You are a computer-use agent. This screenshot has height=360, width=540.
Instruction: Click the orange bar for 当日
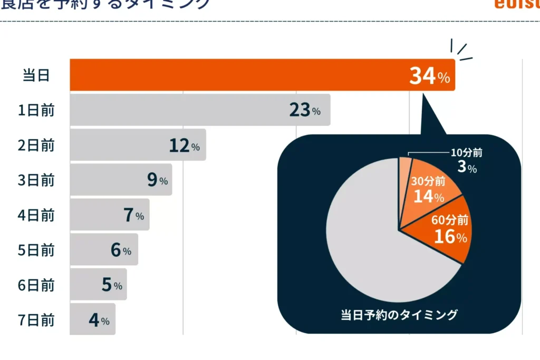(237, 75)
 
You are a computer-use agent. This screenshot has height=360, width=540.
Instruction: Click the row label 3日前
(36, 180)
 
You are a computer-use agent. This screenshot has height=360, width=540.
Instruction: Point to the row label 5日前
(36, 250)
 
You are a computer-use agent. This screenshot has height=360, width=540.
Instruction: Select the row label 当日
(36, 75)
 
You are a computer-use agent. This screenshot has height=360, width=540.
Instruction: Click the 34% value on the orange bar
(429, 76)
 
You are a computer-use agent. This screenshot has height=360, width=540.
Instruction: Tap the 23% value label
(304, 111)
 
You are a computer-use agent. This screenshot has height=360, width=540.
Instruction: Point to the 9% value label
(157, 180)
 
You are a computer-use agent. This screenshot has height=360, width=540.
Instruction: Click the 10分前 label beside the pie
(466, 153)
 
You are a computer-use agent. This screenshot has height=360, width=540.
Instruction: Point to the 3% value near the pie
(467, 168)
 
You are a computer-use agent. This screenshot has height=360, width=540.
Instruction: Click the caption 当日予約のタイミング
(399, 315)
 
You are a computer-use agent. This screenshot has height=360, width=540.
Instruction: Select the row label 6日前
(36, 285)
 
